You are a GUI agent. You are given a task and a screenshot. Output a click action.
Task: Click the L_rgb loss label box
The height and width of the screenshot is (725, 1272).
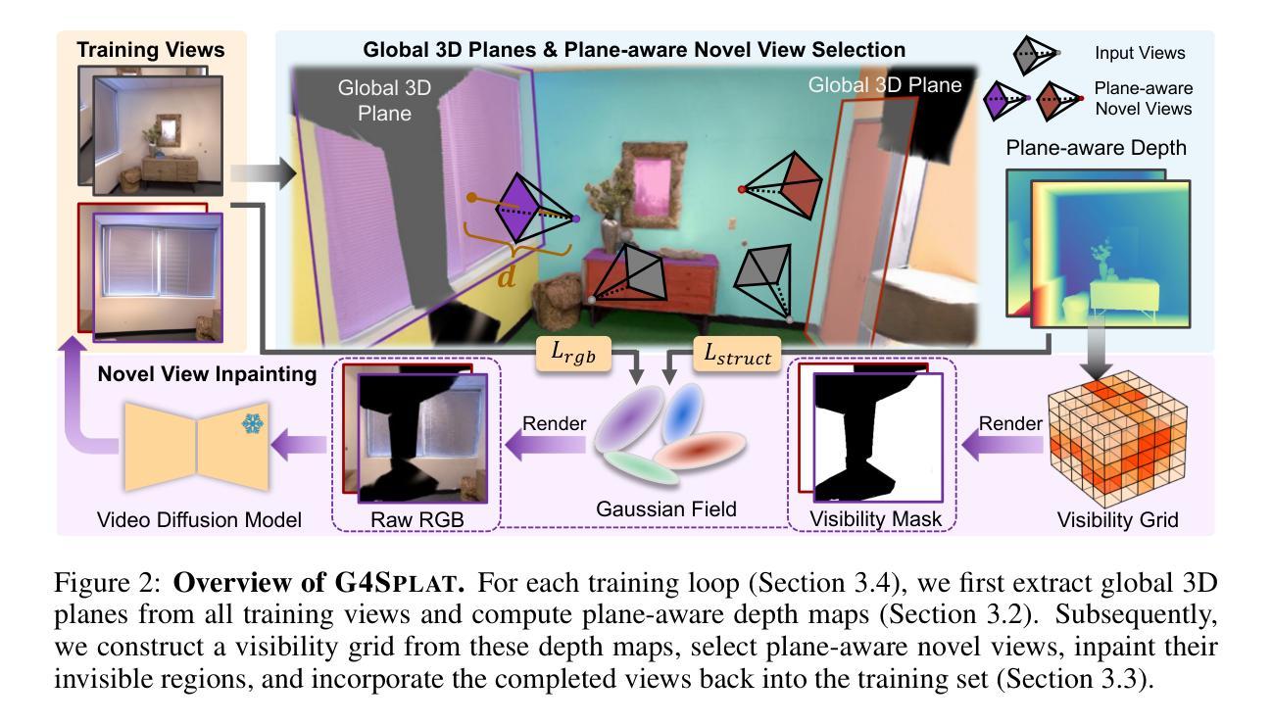[573, 354]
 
